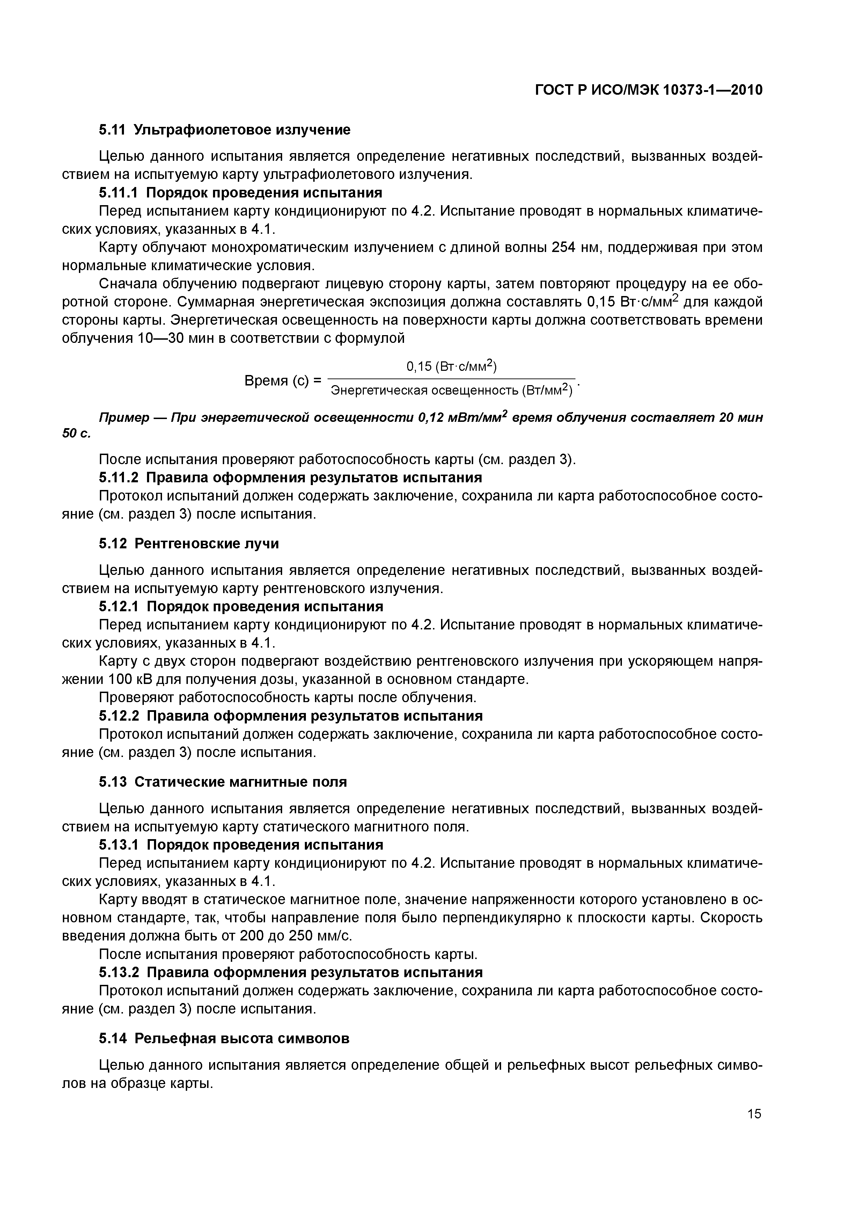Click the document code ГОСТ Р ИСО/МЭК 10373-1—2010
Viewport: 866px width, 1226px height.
[648, 90]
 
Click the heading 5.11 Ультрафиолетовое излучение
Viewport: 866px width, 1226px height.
[225, 130]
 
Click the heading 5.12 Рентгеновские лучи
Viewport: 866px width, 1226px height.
[189, 543]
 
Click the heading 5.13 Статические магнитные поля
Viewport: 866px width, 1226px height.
[223, 782]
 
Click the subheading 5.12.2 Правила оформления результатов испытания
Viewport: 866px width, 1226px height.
[291, 716]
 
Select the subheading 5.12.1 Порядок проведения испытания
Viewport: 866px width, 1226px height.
[241, 607]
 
